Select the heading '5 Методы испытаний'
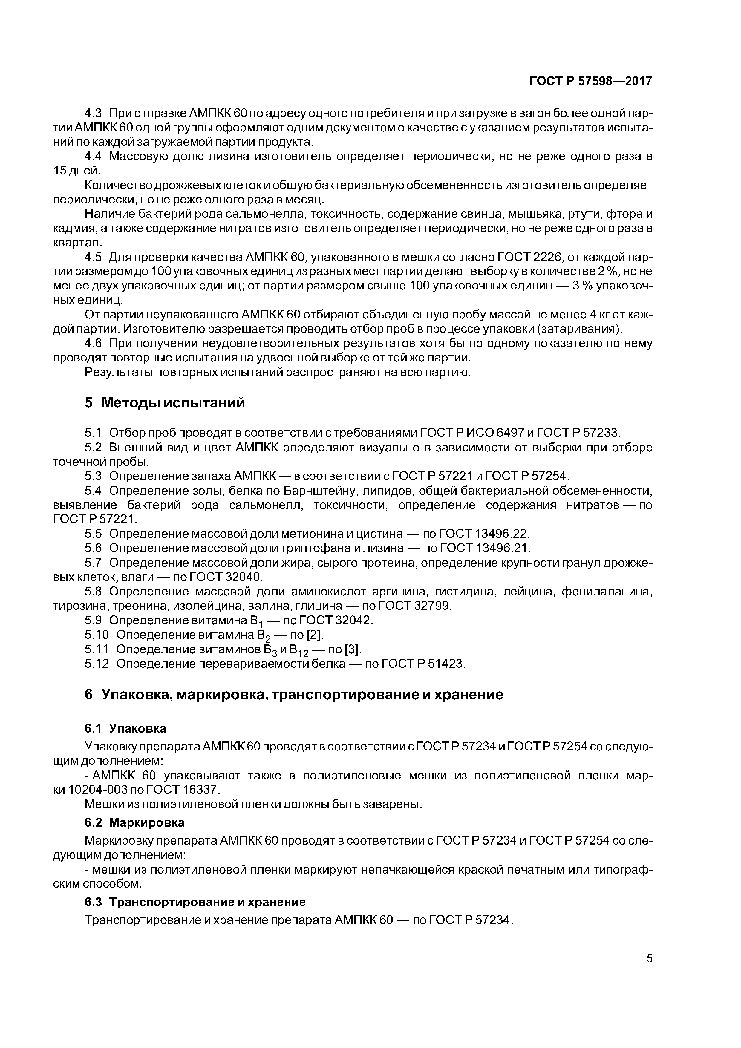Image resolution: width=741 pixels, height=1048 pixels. point(165,403)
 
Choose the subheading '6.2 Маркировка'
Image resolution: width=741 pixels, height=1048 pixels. point(135,822)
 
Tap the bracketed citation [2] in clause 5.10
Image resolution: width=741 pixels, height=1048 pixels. point(315,635)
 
